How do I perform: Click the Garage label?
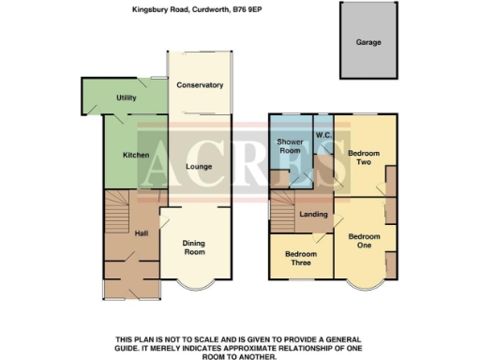(x=367, y=43)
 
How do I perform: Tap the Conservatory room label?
(x=200, y=85)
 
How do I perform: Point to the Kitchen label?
(x=137, y=155)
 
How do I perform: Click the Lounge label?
(x=198, y=167)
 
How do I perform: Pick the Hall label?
(x=141, y=233)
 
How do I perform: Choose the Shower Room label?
(x=289, y=146)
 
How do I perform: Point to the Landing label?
(x=313, y=215)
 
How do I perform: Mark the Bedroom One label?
(x=365, y=241)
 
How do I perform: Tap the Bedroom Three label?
(x=298, y=259)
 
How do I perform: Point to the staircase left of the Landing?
(x=283, y=218)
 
